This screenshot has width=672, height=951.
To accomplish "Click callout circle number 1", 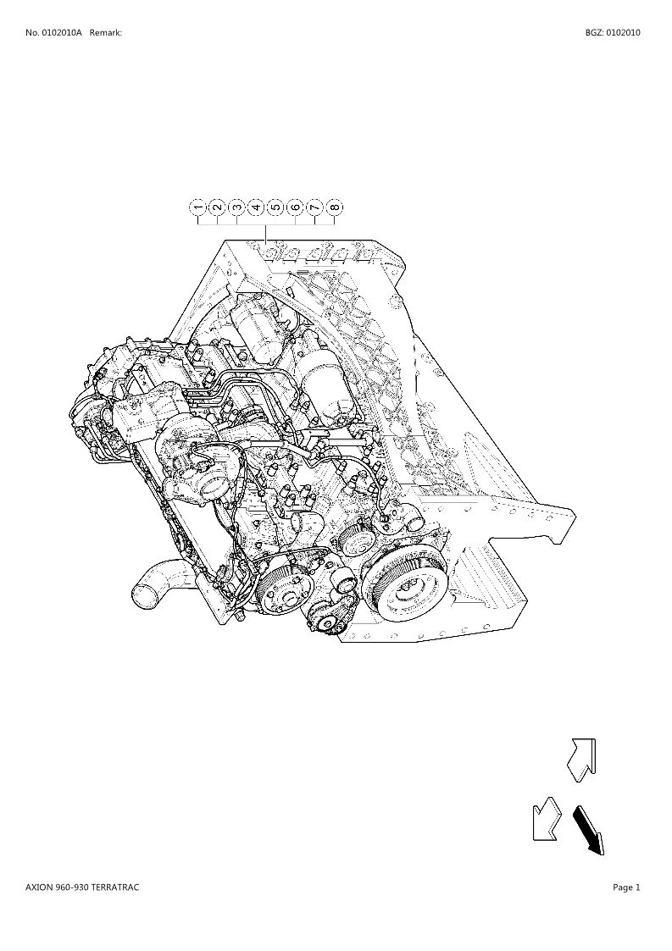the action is click(198, 207).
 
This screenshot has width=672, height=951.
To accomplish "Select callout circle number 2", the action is click(217, 207).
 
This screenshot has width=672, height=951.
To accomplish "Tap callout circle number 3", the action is click(236, 207).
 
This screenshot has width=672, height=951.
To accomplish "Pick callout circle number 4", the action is click(256, 207).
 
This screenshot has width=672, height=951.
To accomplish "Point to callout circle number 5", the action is click(275, 207).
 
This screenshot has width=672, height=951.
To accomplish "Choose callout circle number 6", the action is click(295, 207).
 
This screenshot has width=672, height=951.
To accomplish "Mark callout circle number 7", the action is click(314, 207).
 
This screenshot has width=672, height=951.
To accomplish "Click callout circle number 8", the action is click(334, 207).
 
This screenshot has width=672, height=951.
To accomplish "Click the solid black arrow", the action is click(589, 830).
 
